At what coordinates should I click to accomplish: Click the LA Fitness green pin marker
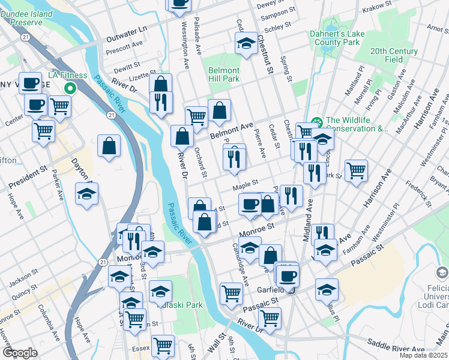coord(70,88)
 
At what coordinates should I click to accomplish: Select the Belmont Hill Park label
coord(224,74)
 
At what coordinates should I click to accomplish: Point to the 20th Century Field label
coord(394,56)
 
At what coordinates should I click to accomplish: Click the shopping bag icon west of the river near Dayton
coord(109,146)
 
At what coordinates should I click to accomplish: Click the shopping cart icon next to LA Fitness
coord(59,106)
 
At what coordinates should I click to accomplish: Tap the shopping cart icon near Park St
coord(356,171)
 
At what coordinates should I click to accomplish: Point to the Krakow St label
coord(378,4)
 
